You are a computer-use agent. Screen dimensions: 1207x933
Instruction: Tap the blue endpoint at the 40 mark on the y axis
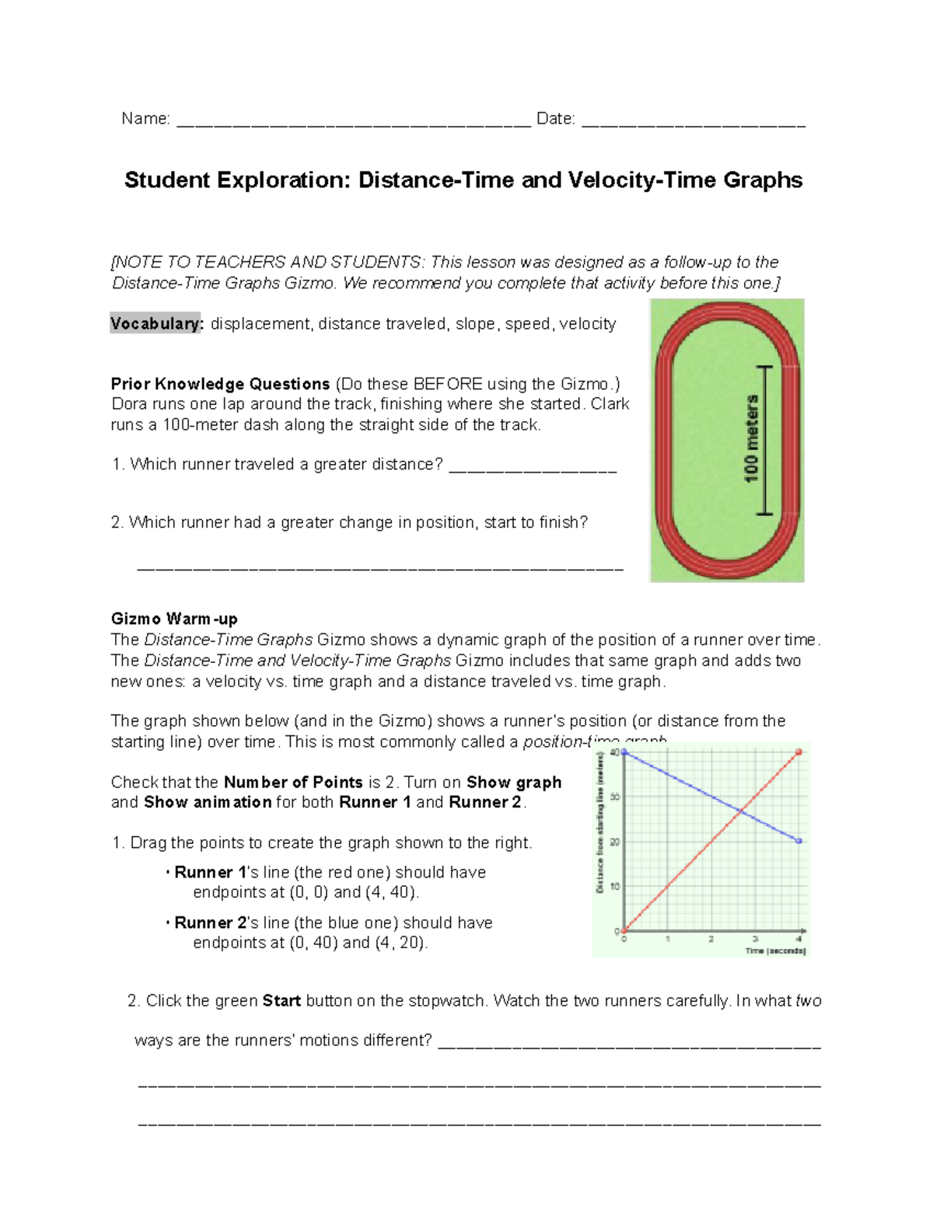[624, 752]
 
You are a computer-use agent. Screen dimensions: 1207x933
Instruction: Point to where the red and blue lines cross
[741, 811]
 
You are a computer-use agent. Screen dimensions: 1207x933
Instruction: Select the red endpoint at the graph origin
[624, 930]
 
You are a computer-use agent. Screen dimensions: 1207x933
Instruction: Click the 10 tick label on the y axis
[615, 886]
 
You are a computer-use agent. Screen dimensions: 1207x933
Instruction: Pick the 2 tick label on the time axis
[711, 940]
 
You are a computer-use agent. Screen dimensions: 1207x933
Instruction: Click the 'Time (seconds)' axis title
[775, 951]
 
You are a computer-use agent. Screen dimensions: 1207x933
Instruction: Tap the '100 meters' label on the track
[751, 439]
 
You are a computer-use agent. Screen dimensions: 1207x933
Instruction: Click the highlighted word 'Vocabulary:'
[156, 324]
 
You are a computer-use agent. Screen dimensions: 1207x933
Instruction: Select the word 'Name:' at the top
[145, 119]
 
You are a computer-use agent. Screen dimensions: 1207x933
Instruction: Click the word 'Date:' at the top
[555, 119]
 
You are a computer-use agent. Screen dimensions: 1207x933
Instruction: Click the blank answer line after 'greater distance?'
[533, 466]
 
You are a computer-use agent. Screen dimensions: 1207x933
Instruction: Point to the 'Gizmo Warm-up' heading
[174, 619]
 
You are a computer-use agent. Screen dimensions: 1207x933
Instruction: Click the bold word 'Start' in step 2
[281, 1001]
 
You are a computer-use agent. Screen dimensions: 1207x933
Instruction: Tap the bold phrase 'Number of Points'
[293, 782]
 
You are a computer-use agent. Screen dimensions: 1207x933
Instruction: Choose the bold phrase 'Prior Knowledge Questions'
[220, 384]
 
